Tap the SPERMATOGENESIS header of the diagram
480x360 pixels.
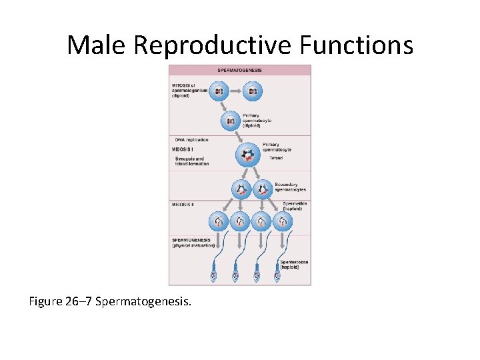(x=240, y=70)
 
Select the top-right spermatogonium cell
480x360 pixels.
(x=252, y=91)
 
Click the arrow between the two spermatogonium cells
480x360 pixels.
(x=235, y=91)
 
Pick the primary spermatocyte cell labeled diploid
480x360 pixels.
(x=231, y=121)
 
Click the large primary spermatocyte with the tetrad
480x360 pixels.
(x=248, y=155)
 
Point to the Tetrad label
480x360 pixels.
(x=276, y=159)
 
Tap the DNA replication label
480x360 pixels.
(x=191, y=140)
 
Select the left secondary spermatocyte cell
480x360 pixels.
(x=241, y=189)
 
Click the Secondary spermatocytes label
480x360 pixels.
(x=290, y=187)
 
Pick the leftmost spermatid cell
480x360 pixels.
(x=219, y=221)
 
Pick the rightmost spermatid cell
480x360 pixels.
(x=283, y=221)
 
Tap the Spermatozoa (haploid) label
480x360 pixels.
(x=294, y=265)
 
